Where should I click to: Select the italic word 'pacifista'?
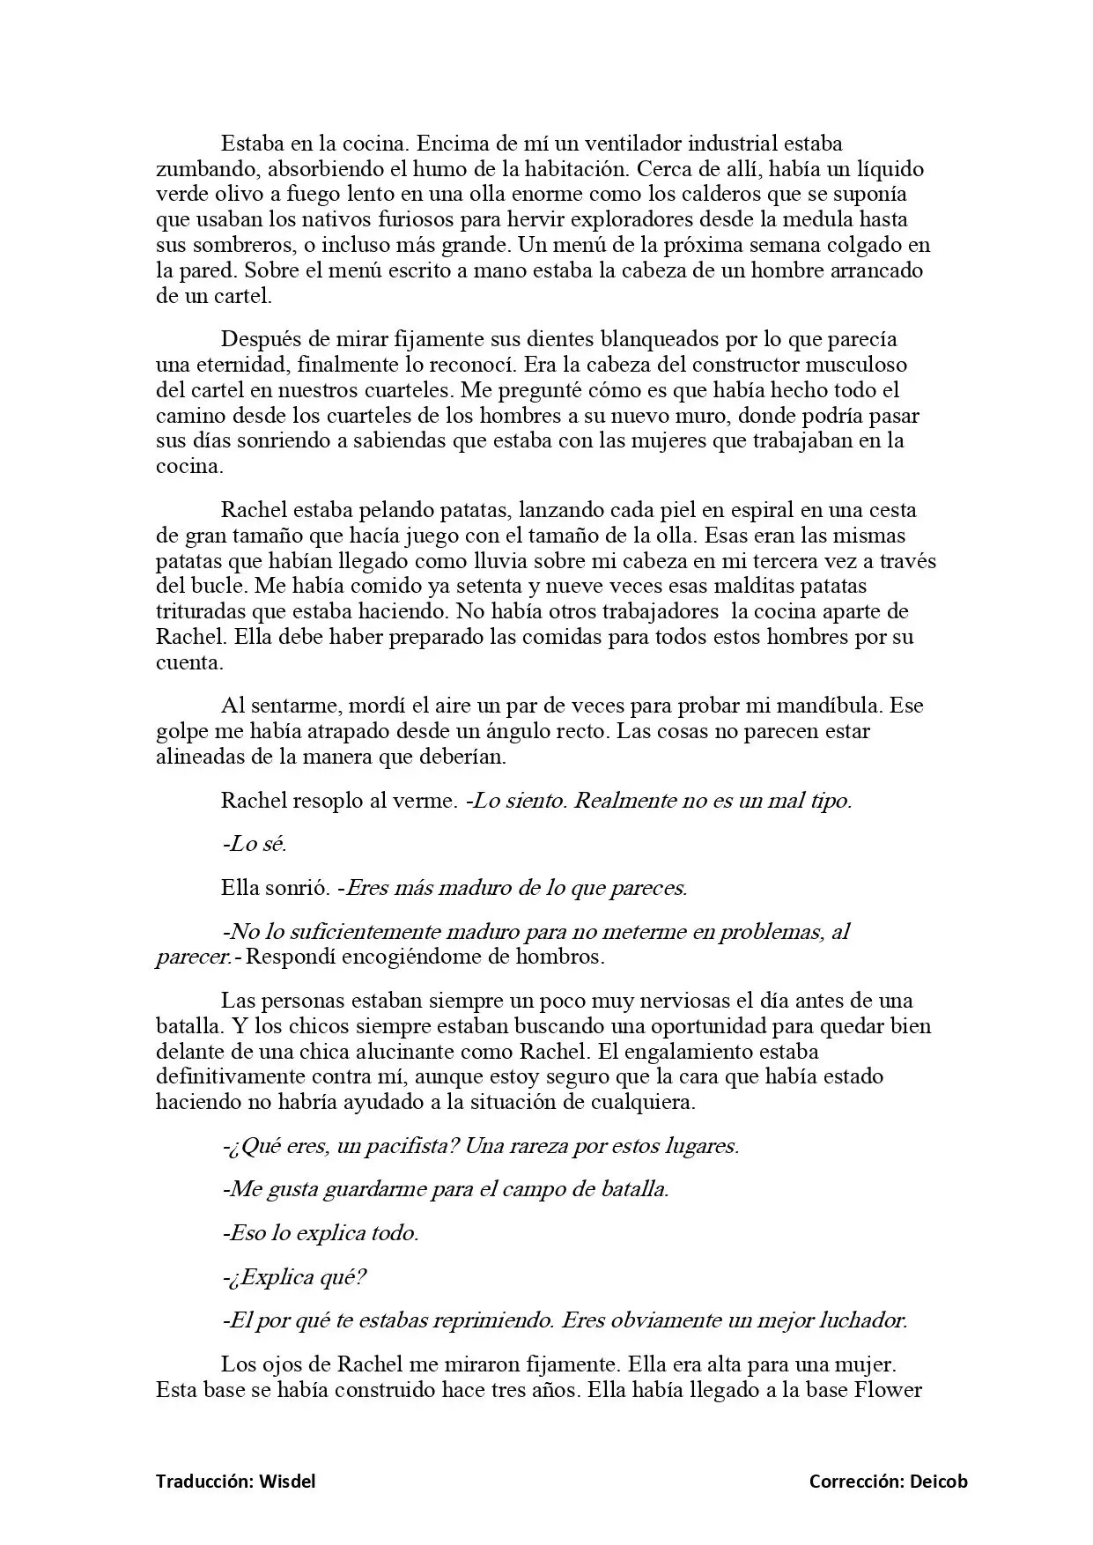click(x=414, y=1146)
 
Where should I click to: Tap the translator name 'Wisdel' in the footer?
click(x=287, y=1482)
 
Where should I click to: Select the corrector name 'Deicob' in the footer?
click(x=938, y=1482)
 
